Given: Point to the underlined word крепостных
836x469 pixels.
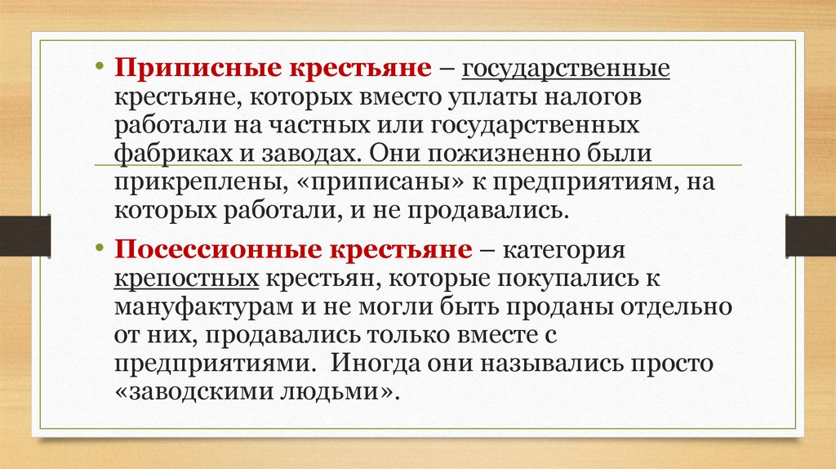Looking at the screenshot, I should (x=187, y=279).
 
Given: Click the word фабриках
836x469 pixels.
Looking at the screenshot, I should (x=162, y=154).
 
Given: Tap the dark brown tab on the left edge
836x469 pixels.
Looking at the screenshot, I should (x=24, y=234).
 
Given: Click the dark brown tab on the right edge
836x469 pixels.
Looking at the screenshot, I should (x=811, y=234).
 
